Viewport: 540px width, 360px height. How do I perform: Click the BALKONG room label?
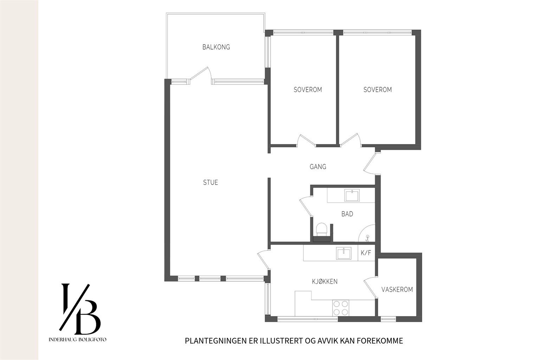click(216, 47)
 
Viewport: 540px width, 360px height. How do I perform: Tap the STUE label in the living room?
click(211, 182)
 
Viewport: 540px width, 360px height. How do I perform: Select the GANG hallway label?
click(318, 167)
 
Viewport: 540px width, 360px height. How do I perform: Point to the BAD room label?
click(347, 214)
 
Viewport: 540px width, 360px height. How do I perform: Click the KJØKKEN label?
click(325, 281)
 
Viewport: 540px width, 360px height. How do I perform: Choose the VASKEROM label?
click(397, 289)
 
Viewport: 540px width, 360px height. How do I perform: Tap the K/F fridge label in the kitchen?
click(366, 253)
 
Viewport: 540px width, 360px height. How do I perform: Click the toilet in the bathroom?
click(321, 229)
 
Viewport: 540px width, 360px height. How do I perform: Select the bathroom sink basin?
click(352, 195)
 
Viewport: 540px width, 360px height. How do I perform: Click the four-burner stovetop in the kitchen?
click(341, 308)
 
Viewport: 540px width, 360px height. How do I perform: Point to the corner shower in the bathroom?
click(367, 233)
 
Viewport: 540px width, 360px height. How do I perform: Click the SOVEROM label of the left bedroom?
click(308, 90)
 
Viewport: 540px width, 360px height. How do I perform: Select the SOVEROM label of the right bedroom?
click(378, 90)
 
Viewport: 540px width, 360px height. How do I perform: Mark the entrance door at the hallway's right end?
click(372, 163)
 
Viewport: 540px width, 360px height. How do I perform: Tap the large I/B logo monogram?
click(80, 309)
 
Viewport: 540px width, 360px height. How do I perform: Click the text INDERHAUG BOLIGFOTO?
click(77, 340)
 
